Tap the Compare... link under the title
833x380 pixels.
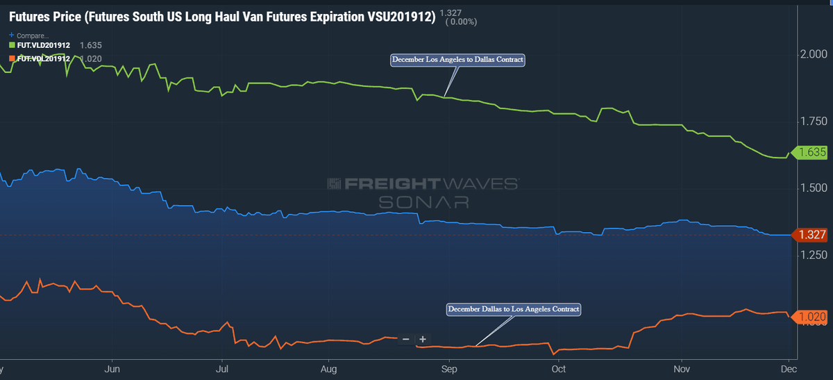pos(30,35)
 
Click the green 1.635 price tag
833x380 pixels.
pos(811,152)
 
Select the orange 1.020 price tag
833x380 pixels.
pos(811,317)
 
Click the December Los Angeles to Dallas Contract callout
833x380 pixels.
pos(457,60)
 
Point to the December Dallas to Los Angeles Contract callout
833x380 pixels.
pos(513,308)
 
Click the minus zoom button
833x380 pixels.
pos(406,340)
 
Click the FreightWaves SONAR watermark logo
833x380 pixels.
pos(423,192)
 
